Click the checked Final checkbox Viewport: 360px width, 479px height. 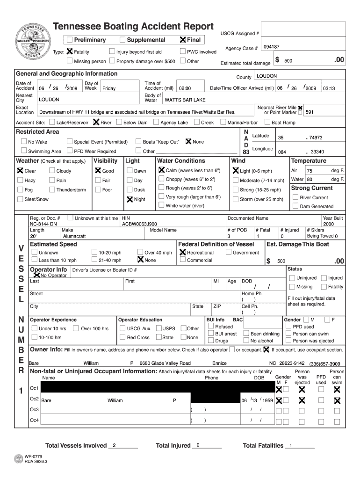(x=183, y=40)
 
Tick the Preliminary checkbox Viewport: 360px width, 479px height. (x=70, y=40)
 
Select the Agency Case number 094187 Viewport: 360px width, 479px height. (x=272, y=47)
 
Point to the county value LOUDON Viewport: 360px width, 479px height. (x=267, y=76)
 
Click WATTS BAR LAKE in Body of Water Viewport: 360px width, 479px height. (x=184, y=100)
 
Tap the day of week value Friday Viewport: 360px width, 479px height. (x=109, y=88)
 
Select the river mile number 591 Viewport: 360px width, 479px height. (x=310, y=112)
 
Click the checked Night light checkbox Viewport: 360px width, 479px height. (x=130, y=199)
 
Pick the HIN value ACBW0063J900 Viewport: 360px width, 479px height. (x=140, y=224)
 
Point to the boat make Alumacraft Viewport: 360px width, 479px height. (x=74, y=236)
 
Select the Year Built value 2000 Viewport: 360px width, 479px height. (x=329, y=224)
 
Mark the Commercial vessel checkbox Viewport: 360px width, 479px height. (x=183, y=260)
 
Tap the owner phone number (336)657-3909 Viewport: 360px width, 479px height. (x=324, y=364)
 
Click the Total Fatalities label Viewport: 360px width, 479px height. (x=263, y=445)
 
